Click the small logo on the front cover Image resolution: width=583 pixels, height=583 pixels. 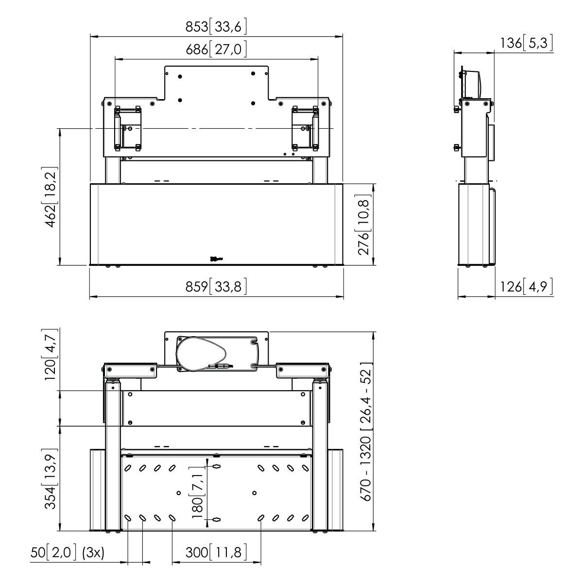pyautogui.click(x=217, y=259)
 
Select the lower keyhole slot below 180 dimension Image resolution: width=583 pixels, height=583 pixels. pyautogui.click(x=216, y=520)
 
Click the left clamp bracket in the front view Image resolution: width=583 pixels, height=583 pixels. pyautogui.click(x=127, y=128)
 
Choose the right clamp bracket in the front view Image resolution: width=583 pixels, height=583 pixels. pyautogui.click(x=305, y=128)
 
